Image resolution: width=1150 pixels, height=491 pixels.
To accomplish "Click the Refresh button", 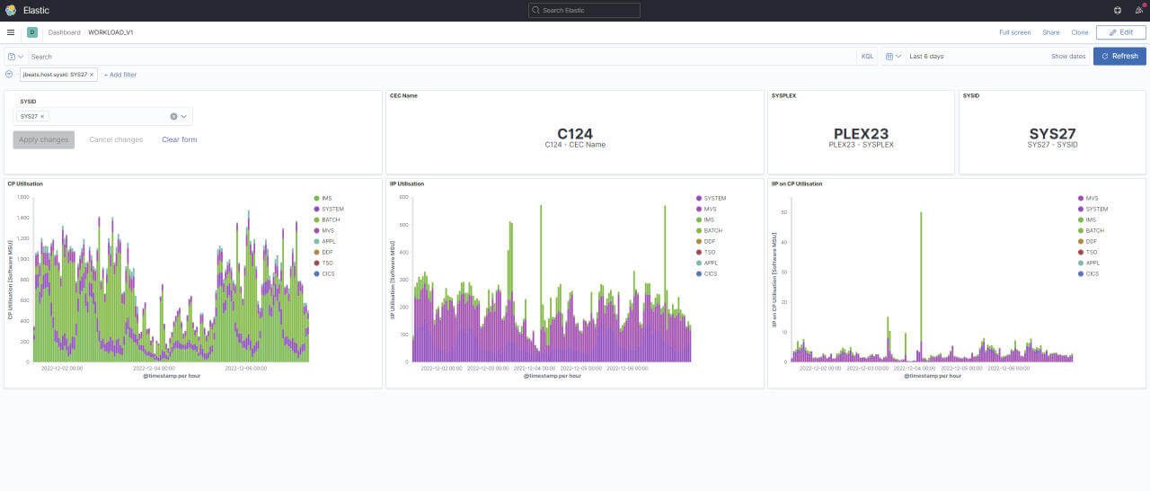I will pos(1119,56).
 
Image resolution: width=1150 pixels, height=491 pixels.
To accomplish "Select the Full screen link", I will pos(1014,32).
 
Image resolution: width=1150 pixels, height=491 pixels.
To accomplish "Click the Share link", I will pos(1050,32).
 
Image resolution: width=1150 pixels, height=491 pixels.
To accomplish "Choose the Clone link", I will pos(1080,32).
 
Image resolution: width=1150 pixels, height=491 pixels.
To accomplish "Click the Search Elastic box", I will pos(584,10).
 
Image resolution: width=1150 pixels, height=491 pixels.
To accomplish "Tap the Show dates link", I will pos(1068,57).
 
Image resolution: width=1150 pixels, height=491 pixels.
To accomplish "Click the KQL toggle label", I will pos(867,57).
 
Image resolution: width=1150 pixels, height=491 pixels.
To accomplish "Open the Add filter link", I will pos(120,75).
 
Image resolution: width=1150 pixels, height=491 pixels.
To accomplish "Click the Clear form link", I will pos(179,139).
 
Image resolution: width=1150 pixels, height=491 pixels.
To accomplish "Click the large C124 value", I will pos(575,134).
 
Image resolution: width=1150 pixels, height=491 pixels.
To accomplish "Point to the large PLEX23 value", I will pos(861,134).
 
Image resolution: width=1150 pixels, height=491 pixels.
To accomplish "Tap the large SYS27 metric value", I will pos(1052,134).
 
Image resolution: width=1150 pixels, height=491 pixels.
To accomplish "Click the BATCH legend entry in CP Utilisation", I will pos(329,219).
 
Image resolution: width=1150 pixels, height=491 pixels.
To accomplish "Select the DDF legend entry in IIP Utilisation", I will pos(710,241).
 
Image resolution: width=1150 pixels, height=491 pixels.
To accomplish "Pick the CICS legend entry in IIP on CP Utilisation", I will pos(1092,273).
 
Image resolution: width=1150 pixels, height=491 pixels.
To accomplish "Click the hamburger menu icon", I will pos(11,32).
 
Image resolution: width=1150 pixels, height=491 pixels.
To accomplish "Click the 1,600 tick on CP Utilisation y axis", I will pos(23,196).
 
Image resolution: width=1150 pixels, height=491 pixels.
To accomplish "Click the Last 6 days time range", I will pos(926,57).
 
